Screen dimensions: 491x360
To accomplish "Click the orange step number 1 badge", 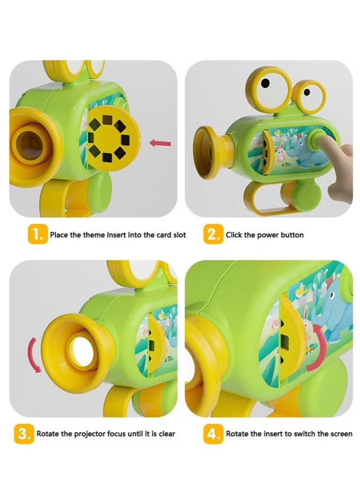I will (38, 234).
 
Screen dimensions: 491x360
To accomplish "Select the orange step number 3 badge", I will (25, 434).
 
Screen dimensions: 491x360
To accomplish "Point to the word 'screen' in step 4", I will (340, 434).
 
